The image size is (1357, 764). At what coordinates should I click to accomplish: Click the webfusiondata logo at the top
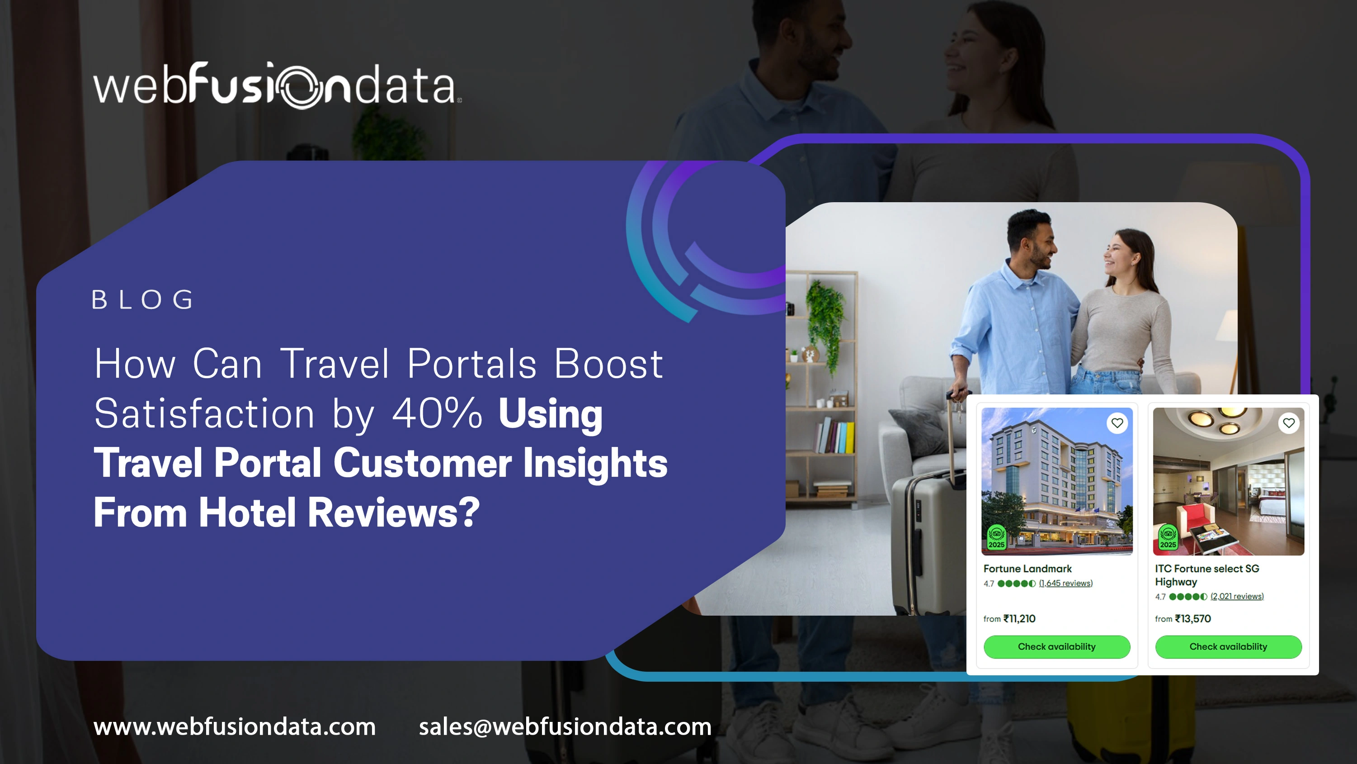tap(277, 86)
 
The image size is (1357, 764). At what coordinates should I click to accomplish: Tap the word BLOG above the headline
tap(143, 300)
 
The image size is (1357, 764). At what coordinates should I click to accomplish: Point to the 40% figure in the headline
tap(437, 413)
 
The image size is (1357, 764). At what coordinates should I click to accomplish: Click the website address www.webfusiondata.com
tap(235, 726)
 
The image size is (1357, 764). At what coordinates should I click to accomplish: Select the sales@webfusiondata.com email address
tap(565, 726)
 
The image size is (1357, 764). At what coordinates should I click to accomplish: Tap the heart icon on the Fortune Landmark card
tap(1117, 423)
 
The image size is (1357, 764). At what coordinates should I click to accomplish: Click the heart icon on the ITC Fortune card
tap(1289, 423)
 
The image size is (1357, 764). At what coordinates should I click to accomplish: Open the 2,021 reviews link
tap(1237, 596)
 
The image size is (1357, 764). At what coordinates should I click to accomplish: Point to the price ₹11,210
tap(1019, 618)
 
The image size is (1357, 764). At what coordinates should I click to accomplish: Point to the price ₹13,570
tap(1192, 618)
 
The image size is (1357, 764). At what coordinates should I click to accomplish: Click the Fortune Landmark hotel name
tap(1027, 569)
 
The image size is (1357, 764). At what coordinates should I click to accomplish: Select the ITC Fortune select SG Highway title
tap(1206, 575)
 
